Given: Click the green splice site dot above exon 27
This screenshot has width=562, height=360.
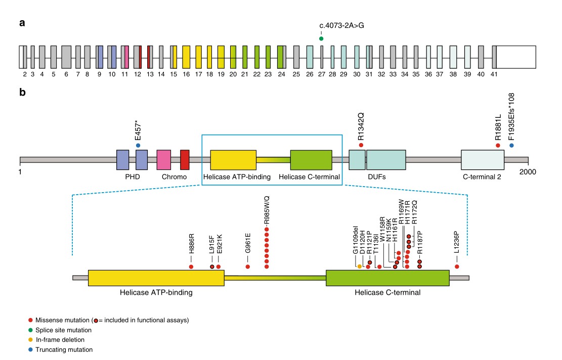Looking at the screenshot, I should [321, 38].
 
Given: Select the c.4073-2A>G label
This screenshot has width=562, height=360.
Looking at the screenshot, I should [341, 25].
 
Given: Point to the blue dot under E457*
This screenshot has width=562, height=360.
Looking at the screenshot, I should [138, 146].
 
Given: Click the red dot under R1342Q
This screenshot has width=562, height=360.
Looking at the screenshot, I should [361, 146].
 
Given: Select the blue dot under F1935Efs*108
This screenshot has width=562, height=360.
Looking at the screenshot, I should [511, 146].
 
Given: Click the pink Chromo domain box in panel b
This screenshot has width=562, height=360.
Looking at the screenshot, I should [163, 159].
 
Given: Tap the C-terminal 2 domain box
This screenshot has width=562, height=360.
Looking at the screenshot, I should [482, 159].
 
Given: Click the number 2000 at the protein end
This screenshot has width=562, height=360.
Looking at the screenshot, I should [528, 171].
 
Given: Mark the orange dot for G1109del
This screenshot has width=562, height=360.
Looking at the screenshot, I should [360, 266].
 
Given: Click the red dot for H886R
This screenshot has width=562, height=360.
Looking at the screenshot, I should [191, 266].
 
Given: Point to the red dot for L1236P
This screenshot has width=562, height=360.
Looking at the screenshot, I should [457, 266].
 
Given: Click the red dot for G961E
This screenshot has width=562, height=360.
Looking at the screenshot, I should [248, 266].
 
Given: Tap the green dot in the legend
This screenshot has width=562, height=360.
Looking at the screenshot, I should [31, 330].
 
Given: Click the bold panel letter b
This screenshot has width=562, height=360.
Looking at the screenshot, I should [22, 93].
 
